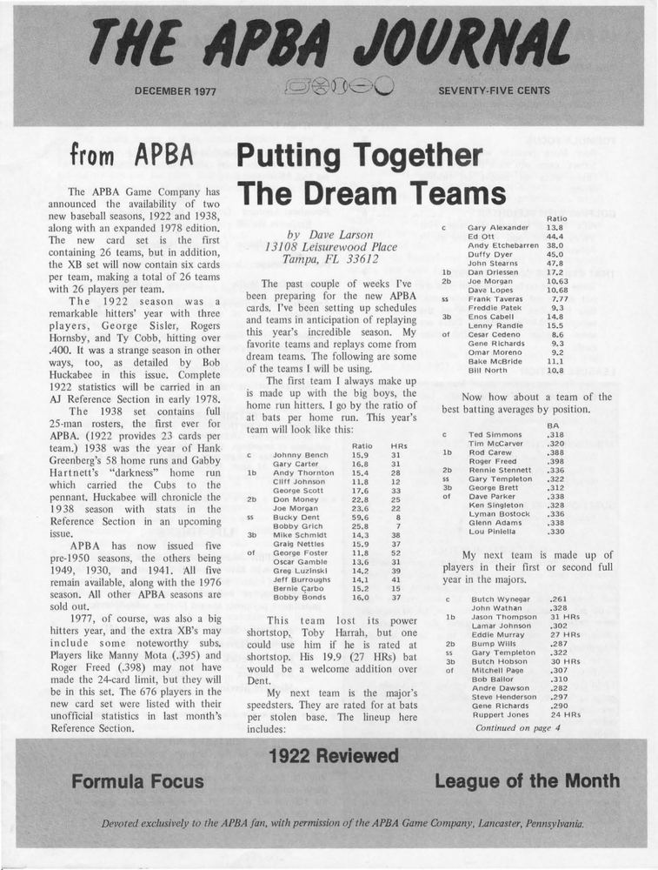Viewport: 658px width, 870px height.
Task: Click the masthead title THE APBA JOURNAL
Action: pyautogui.click(x=329, y=43)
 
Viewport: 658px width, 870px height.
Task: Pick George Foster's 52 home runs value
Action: pyautogui.click(x=395, y=552)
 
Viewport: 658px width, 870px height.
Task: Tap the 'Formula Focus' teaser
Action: pyautogui.click(x=137, y=780)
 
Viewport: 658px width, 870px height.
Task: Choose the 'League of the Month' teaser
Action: pyautogui.click(x=527, y=780)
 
